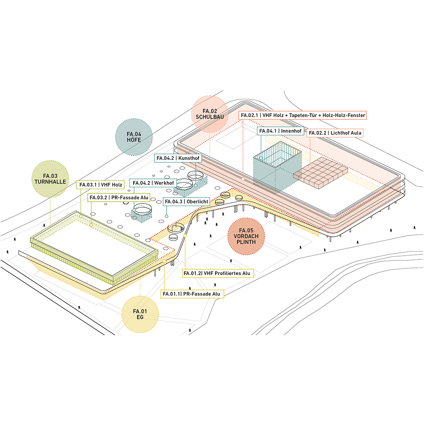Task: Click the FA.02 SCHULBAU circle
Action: click(209, 114)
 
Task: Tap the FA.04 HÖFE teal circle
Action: click(134, 137)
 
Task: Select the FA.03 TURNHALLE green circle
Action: click(50, 179)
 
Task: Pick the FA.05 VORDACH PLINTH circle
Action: click(246, 236)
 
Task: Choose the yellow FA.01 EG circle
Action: click(140, 314)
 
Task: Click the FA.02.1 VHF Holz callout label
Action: click(303, 115)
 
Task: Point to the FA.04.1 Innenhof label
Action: click(280, 131)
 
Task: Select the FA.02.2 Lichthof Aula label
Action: click(335, 133)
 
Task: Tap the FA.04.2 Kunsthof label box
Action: click(178, 158)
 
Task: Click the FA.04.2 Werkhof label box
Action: click(153, 183)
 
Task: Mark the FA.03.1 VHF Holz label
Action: click(100, 185)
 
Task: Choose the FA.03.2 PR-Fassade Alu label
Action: click(119, 198)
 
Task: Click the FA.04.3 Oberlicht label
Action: click(186, 201)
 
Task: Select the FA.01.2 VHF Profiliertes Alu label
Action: click(218, 273)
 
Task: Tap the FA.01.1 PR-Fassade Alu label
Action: click(192, 294)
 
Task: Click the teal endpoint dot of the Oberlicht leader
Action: click(167, 216)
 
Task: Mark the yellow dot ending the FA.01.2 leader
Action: click(185, 236)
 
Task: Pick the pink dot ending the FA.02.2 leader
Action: click(310, 167)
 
